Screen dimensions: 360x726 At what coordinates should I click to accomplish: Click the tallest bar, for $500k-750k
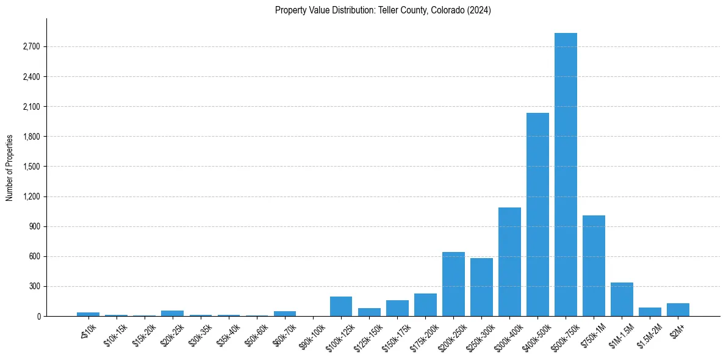pyautogui.click(x=566, y=175)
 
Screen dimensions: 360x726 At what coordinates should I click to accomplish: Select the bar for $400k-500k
pyautogui.click(x=537, y=214)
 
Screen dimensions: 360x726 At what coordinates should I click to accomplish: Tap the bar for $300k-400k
pyautogui.click(x=509, y=262)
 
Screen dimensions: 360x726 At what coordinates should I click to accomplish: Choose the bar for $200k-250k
pyautogui.click(x=453, y=284)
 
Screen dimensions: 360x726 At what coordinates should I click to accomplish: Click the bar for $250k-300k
pyautogui.click(x=481, y=287)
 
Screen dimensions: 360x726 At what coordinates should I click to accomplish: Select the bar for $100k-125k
pyautogui.click(x=341, y=306)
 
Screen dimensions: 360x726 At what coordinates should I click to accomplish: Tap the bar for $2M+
pyautogui.click(x=678, y=309)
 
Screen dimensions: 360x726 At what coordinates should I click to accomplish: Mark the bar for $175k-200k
pyautogui.click(x=425, y=304)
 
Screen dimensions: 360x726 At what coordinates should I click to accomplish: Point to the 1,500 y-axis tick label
pyautogui.click(x=31, y=167)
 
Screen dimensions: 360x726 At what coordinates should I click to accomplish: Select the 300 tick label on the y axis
pyautogui.click(x=34, y=286)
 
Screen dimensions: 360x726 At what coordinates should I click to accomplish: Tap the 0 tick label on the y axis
pyautogui.click(x=38, y=316)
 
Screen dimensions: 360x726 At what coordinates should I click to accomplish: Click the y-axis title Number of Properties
pyautogui.click(x=9, y=167)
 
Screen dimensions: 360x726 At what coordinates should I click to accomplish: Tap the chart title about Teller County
pyautogui.click(x=383, y=10)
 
